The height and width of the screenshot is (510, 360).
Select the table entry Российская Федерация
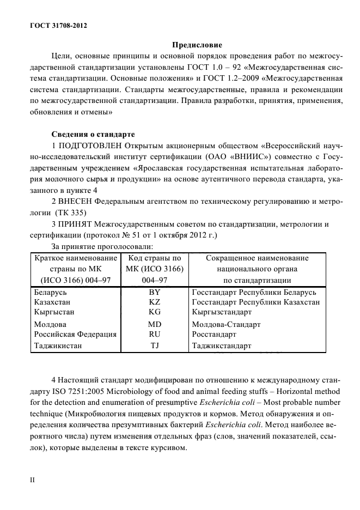(75, 335)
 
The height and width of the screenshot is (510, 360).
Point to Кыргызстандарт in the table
(222, 312)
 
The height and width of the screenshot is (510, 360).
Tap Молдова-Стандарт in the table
(226, 325)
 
